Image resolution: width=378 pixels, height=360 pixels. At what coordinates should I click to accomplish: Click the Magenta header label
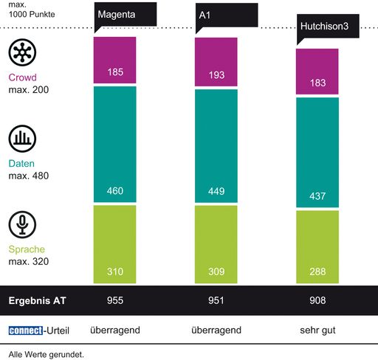117,14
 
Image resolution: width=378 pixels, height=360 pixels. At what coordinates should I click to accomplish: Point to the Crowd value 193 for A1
216,77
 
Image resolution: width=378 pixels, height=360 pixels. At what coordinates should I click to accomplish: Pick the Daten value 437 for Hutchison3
317,198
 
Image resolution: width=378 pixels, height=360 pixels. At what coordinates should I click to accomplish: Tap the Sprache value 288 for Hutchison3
317,273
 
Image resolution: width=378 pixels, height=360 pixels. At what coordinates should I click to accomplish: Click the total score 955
114,301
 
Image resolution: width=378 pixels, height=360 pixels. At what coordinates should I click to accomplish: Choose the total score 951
216,301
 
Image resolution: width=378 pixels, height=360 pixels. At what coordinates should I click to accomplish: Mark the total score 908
317,301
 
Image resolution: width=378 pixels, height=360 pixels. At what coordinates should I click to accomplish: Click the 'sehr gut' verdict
317,330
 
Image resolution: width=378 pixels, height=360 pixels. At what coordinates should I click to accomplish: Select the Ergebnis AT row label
36,301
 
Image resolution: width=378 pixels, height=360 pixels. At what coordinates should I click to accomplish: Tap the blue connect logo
26,330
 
